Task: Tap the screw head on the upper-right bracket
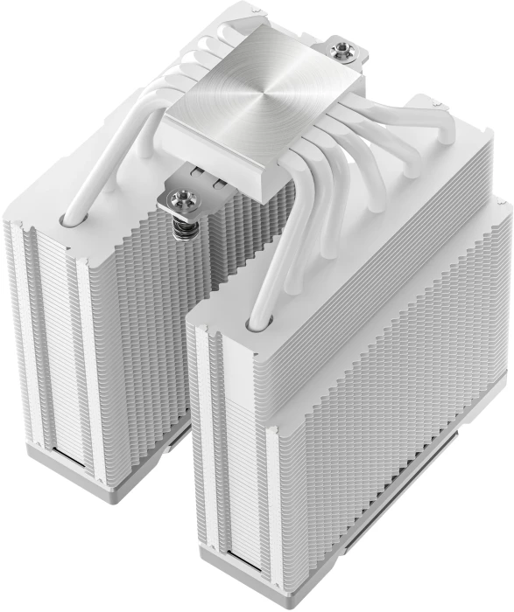(x=341, y=49)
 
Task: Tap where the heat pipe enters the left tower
(x=65, y=212)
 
